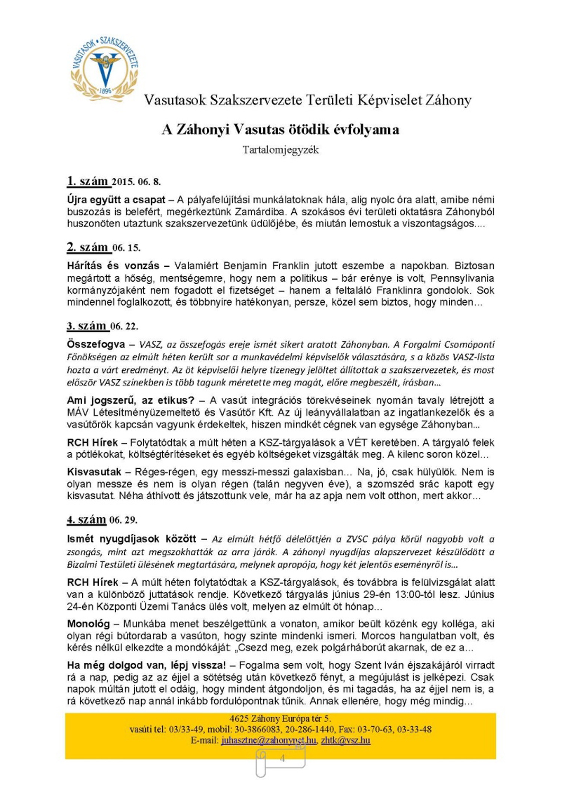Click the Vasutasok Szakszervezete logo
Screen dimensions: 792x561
(104, 69)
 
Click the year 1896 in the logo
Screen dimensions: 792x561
(105, 91)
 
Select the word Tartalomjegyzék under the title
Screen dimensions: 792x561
(280, 150)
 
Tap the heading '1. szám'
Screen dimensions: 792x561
(88, 181)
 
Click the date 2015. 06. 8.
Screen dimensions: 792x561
(137, 182)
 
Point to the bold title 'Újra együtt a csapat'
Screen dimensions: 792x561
(116, 200)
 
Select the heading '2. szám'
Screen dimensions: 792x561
(88, 247)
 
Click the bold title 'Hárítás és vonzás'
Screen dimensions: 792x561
(113, 266)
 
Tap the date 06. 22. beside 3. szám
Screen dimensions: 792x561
(125, 326)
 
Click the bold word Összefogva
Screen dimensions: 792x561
(96, 344)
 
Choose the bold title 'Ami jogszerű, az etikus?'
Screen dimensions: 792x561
(131, 400)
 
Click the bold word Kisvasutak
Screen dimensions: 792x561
(94, 472)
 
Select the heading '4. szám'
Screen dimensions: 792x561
(87, 520)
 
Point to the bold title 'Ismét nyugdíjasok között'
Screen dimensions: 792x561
(131, 539)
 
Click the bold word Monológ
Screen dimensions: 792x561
(88, 623)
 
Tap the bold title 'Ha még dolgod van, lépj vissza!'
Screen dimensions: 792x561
(146, 665)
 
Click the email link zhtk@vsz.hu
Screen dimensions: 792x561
(346, 740)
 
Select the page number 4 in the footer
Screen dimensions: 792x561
(282, 758)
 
